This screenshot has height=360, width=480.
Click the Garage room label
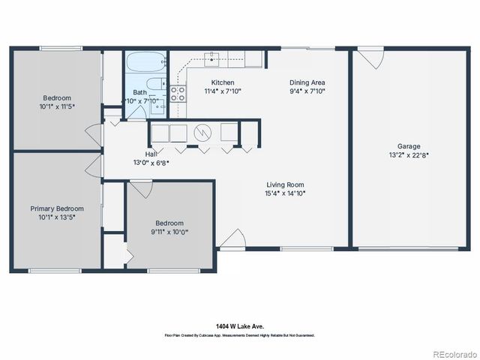point(409,146)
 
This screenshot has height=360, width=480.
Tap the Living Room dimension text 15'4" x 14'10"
point(286,193)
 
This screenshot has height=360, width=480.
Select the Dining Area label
point(307,82)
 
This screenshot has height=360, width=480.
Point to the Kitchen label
point(223,82)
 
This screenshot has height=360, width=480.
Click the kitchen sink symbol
point(213,55)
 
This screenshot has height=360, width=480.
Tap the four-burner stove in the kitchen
point(178,94)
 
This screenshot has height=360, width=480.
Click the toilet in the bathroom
point(154,85)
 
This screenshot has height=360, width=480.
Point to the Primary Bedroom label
point(56,208)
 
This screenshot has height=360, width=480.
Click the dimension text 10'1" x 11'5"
point(56,106)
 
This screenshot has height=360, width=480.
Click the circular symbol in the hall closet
point(202,133)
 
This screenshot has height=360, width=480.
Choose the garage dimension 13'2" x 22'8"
point(409,155)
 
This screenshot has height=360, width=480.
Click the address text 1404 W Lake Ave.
point(239,326)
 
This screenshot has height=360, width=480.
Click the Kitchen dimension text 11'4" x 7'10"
point(223,91)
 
